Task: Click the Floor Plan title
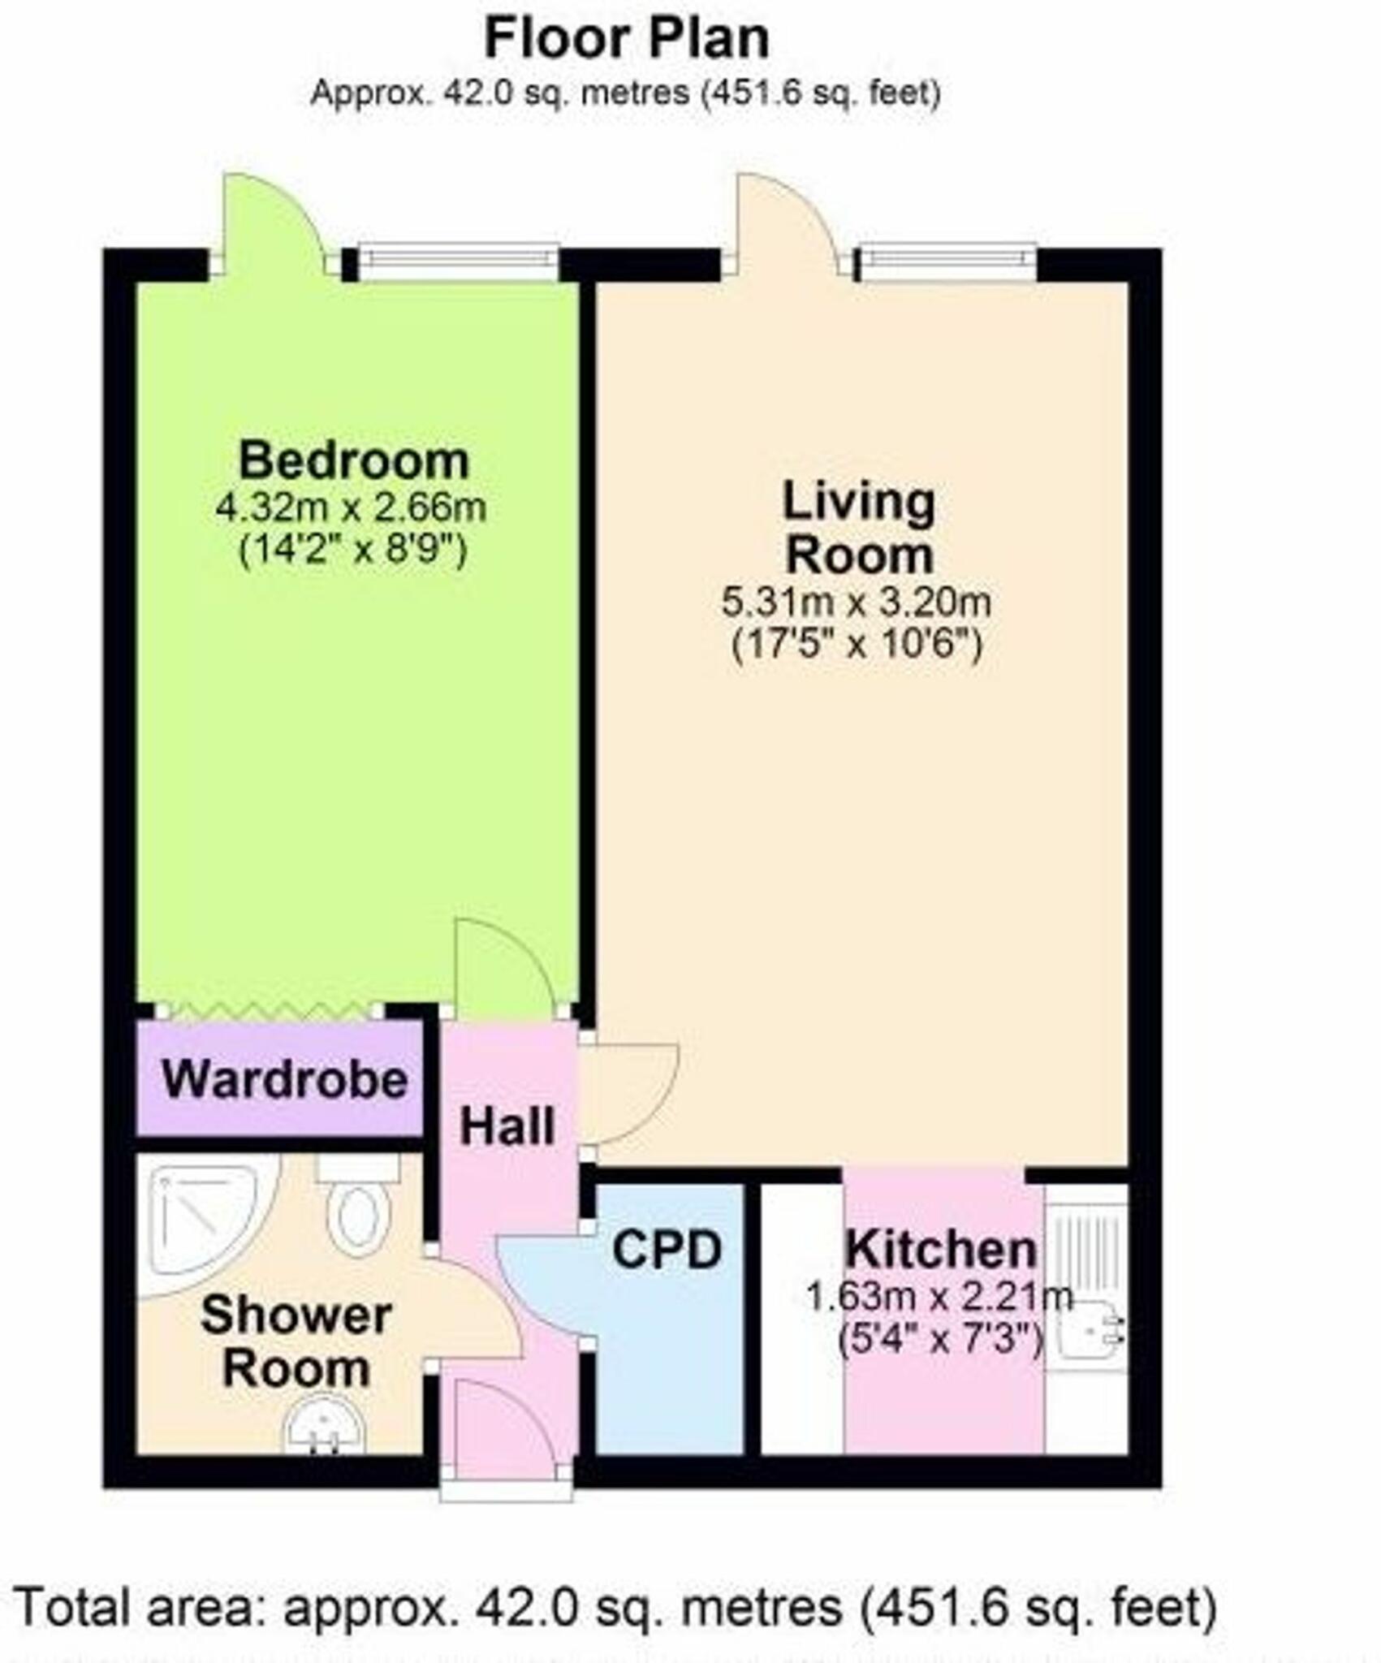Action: pos(626,39)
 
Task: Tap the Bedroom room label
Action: pos(354,460)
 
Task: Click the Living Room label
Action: pos(859,528)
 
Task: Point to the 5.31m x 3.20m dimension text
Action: pos(857,603)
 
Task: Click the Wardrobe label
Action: pos(284,1080)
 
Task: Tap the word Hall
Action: pos(507,1127)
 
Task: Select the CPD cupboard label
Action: pos(667,1250)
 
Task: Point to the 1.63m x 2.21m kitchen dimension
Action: pos(939,1296)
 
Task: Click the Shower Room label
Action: pos(296,1341)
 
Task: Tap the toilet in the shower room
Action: pos(358,1210)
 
